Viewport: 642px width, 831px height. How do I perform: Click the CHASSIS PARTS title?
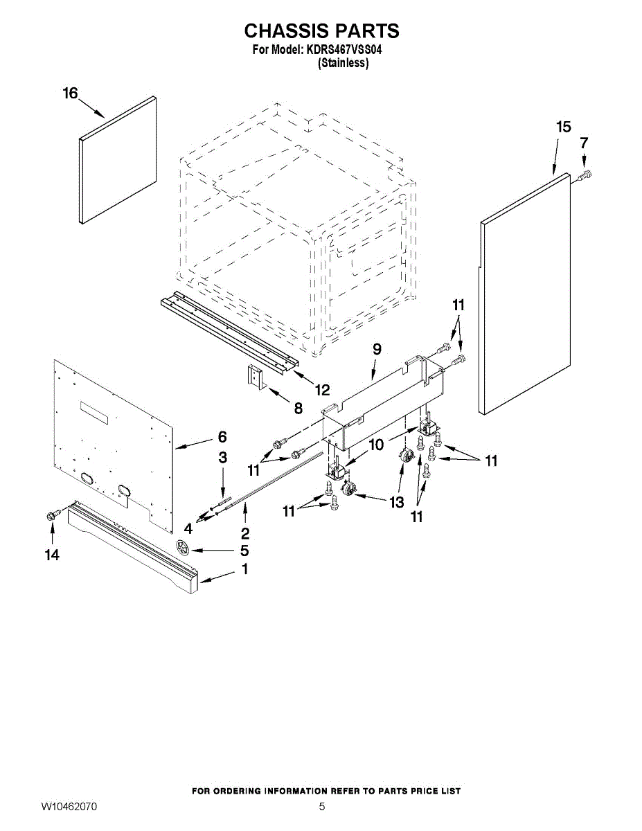pyautogui.click(x=321, y=31)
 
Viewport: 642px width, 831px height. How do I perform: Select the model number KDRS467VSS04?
pyautogui.click(x=345, y=51)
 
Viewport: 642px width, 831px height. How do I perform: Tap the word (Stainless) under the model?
pyautogui.click(x=343, y=63)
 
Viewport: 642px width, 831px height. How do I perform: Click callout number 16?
pyautogui.click(x=71, y=93)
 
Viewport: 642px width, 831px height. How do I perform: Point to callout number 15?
pyautogui.click(x=564, y=127)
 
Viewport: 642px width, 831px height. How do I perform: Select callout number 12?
pyautogui.click(x=322, y=390)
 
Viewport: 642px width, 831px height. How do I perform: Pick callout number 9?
pyautogui.click(x=377, y=350)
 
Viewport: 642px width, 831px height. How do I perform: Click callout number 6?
pyautogui.click(x=222, y=437)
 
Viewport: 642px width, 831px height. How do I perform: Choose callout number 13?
pyautogui.click(x=396, y=503)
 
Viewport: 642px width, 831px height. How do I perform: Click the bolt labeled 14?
pyautogui.click(x=51, y=515)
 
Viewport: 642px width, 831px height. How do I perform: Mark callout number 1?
pyautogui.click(x=244, y=569)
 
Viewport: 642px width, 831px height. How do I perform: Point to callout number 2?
pyautogui.click(x=245, y=533)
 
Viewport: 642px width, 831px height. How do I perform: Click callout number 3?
pyautogui.click(x=222, y=458)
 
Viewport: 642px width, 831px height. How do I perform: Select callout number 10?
pyautogui.click(x=375, y=445)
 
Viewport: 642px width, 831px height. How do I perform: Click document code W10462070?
pyautogui.click(x=69, y=807)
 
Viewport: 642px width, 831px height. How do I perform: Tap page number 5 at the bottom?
pyautogui.click(x=321, y=807)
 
